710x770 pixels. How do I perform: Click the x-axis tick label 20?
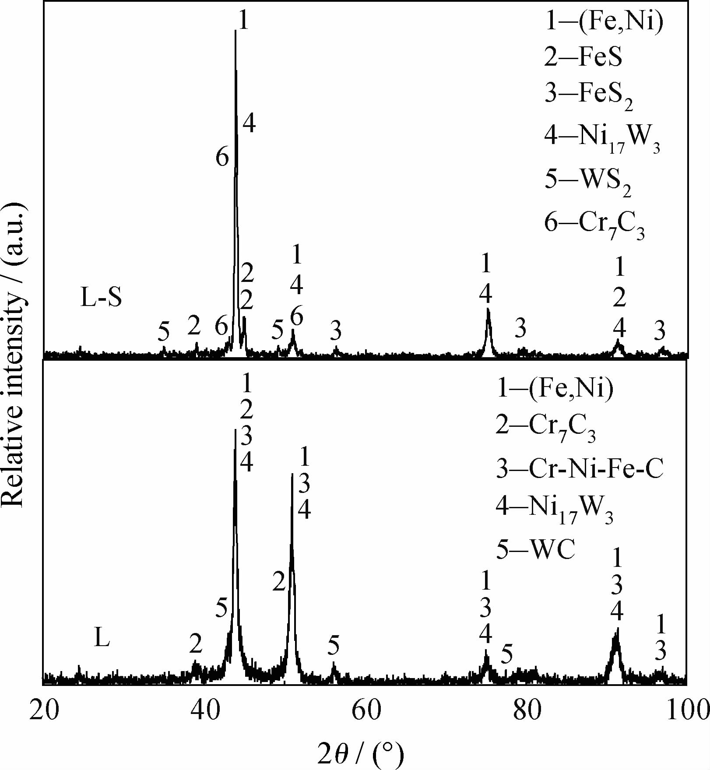coord(44,711)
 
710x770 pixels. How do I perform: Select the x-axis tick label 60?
coord(366,711)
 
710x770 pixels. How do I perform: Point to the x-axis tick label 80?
coord(527,711)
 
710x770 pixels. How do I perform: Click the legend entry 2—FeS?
coord(583,57)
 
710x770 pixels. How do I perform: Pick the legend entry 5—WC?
coord(535,549)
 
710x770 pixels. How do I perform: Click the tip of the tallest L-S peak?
coord(236,31)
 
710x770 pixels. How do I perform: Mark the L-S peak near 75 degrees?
coord(488,310)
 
